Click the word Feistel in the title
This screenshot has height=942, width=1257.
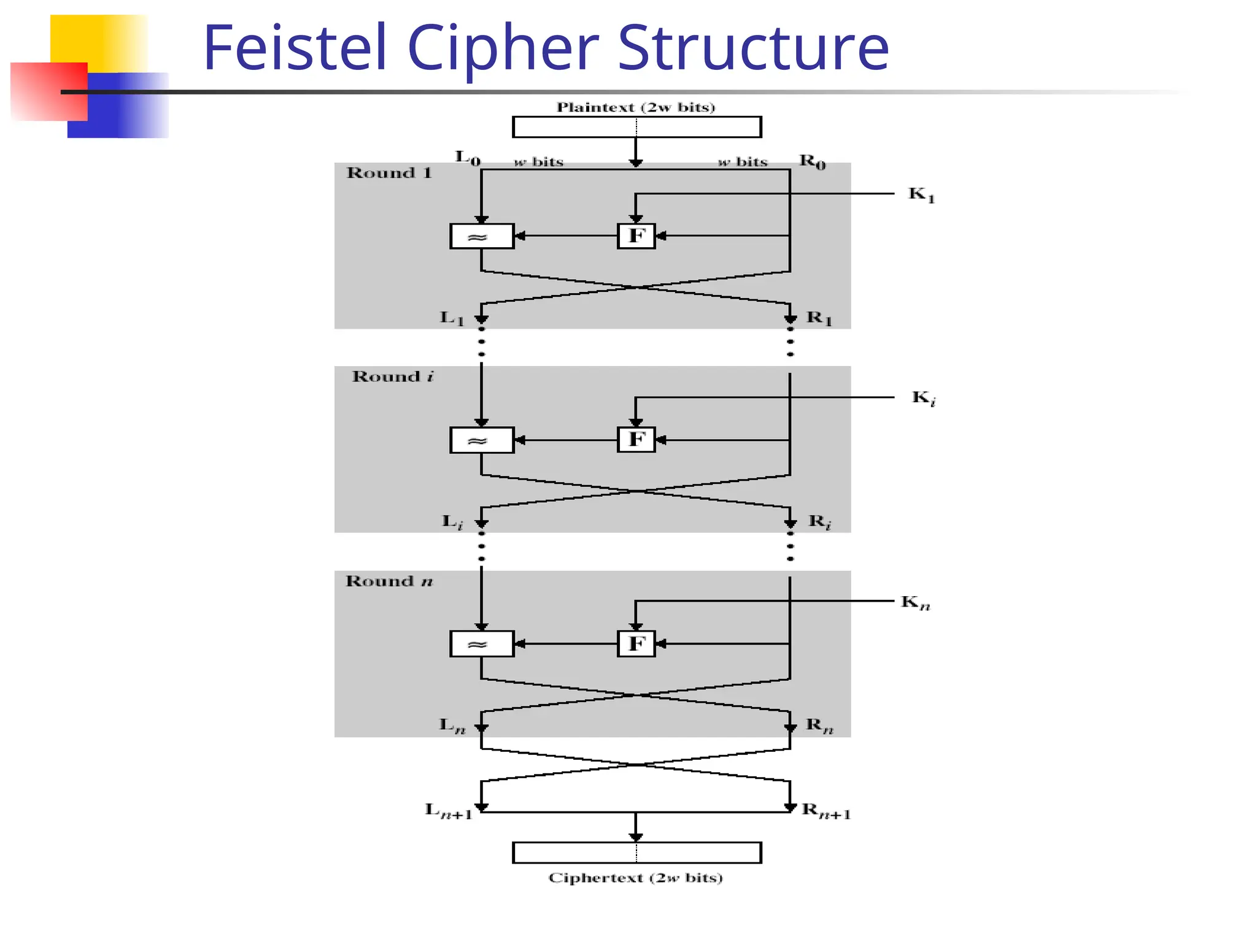coord(295,47)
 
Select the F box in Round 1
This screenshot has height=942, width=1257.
coord(636,236)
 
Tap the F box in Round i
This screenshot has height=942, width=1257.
coord(636,440)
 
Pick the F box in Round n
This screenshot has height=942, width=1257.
coord(636,644)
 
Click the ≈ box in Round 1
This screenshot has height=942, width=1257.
coord(482,236)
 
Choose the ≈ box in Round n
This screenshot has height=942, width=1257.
coord(482,644)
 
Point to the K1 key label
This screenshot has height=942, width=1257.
coord(921,195)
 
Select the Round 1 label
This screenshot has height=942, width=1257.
coord(389,173)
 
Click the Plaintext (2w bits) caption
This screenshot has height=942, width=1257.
coord(636,107)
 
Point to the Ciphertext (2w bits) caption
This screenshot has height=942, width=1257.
coord(636,878)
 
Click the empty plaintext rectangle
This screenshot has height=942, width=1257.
coord(636,127)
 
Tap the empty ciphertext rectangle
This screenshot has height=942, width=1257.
coord(636,852)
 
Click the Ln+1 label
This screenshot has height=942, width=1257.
coord(449,811)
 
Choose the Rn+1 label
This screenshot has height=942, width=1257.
coord(826,811)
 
